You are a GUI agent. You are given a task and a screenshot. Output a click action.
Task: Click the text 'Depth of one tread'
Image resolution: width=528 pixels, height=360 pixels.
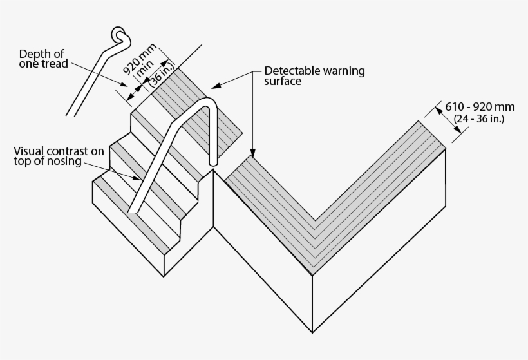(x=44, y=59)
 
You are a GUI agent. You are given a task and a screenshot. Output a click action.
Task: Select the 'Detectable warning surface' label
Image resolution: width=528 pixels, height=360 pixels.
(x=314, y=77)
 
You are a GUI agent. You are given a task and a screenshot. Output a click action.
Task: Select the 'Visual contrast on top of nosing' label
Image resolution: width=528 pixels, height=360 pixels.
(x=58, y=156)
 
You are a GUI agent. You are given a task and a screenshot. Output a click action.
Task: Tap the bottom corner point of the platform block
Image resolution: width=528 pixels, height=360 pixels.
(x=314, y=332)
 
